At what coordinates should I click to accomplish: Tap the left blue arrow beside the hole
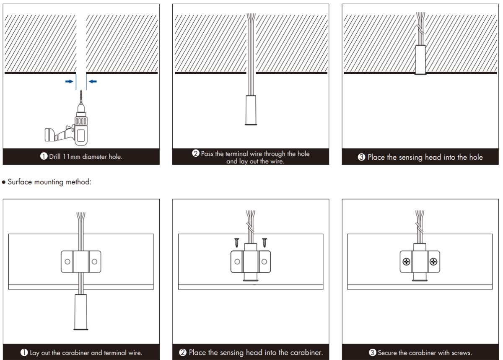pyautogui.click(x=69, y=82)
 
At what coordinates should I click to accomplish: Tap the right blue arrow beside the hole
pyautogui.click(x=93, y=82)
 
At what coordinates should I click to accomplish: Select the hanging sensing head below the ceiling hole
pyautogui.click(x=250, y=110)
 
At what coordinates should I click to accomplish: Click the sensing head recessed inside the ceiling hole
pyautogui.click(x=420, y=60)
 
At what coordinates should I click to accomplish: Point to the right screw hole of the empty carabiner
pyautogui.click(x=94, y=262)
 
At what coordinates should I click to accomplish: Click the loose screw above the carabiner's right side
pyautogui.click(x=264, y=242)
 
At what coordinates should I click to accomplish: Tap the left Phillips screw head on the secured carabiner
pyautogui.click(x=406, y=262)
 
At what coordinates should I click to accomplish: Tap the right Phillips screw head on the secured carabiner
pyautogui.click(x=433, y=262)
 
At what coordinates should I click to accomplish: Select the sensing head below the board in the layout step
pyautogui.click(x=80, y=312)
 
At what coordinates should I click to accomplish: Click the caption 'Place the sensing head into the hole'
pyautogui.click(x=425, y=158)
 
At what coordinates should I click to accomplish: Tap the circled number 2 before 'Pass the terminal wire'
pyautogui.click(x=195, y=153)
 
